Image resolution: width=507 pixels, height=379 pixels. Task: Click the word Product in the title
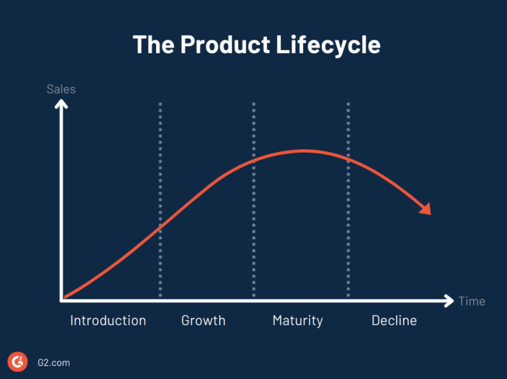(x=225, y=44)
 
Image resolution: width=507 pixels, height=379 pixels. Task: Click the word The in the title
(x=153, y=44)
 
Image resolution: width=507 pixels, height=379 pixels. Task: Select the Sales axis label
(x=61, y=89)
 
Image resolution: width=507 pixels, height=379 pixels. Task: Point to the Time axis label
(x=472, y=301)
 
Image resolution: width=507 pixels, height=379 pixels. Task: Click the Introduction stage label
(x=108, y=321)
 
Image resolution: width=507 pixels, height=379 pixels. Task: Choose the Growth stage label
(x=203, y=321)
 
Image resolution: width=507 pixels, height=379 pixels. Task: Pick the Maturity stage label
(x=297, y=321)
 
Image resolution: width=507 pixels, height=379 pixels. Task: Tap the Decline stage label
(x=394, y=321)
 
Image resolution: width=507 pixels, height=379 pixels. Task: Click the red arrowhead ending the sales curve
(x=427, y=209)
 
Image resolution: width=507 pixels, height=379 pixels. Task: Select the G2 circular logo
(x=17, y=362)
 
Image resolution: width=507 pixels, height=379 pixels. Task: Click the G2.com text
(x=54, y=363)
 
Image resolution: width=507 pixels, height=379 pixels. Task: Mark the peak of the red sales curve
(x=304, y=151)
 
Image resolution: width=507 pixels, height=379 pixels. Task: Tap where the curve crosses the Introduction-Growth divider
(x=160, y=225)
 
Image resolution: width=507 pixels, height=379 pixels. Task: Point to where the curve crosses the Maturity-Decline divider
(x=348, y=159)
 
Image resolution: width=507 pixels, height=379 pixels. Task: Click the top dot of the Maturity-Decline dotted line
(x=348, y=104)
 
